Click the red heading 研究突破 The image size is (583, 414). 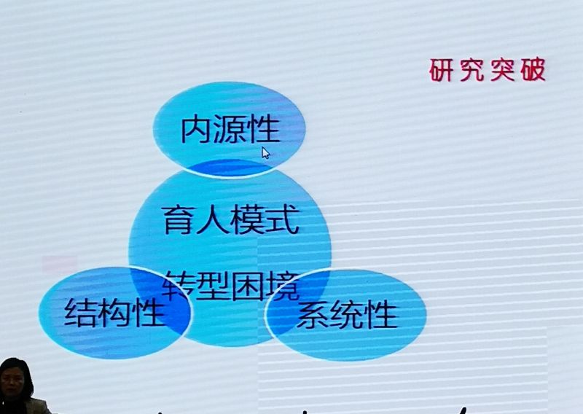point(488,69)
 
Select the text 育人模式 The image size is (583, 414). point(231,220)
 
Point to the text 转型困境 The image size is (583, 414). point(231,286)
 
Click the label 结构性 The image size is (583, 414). point(114,312)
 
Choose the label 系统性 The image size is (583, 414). point(347,315)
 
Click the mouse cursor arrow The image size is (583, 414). point(265,153)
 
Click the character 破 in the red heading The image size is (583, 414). point(533,69)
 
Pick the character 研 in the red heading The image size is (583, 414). point(442,70)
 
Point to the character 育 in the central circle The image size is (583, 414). point(179,220)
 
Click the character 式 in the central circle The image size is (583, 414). point(283,220)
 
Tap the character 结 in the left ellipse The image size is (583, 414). point(80,313)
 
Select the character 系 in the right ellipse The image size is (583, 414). point(313,315)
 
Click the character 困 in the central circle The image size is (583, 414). point(249,286)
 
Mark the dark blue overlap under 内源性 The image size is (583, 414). point(231,168)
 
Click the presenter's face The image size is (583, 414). point(14,383)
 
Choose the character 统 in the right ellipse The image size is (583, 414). point(348,315)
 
